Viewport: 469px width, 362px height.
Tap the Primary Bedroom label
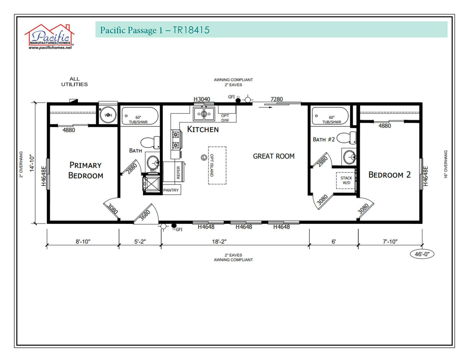(85, 170)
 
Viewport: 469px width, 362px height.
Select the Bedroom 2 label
(389, 174)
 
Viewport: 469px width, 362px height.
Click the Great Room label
(274, 156)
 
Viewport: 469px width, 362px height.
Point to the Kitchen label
(203, 129)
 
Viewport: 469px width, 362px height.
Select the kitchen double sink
(204, 114)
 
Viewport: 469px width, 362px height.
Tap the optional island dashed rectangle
(217, 165)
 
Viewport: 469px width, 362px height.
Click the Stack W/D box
(346, 180)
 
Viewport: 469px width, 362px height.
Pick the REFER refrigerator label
(178, 172)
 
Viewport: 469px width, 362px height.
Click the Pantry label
(171, 190)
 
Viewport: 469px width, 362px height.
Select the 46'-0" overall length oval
(422, 254)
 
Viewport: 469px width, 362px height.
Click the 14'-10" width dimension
(33, 163)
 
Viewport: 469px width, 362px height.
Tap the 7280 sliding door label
(277, 99)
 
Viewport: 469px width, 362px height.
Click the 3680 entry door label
(144, 214)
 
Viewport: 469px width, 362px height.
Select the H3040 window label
(202, 99)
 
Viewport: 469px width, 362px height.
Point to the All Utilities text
(74, 81)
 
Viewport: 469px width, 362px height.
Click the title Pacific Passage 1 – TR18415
(155, 30)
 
